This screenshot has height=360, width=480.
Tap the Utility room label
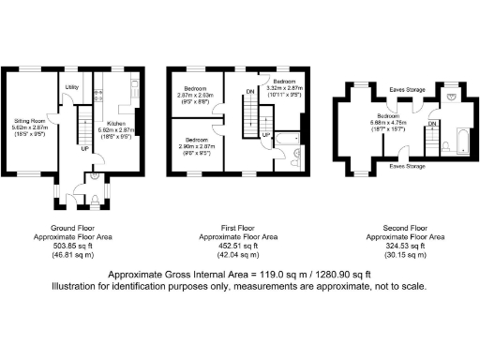pyautogui.click(x=70, y=87)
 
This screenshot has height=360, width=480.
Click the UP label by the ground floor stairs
pyautogui.click(x=85, y=148)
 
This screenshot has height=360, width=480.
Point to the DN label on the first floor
pyautogui.click(x=248, y=91)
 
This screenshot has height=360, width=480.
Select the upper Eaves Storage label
pyautogui.click(x=409, y=90)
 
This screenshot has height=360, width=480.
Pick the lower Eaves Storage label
pyautogui.click(x=409, y=164)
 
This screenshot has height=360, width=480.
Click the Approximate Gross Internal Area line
pyautogui.click(x=240, y=275)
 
